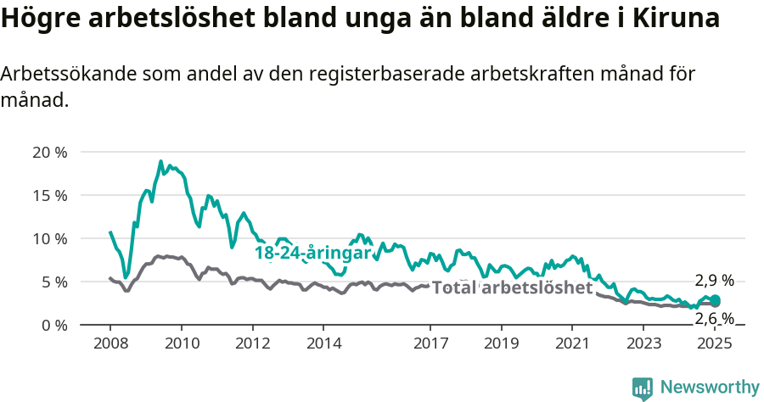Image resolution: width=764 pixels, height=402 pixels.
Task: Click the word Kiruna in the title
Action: click(x=676, y=19)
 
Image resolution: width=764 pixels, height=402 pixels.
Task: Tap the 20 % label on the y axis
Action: click(x=48, y=153)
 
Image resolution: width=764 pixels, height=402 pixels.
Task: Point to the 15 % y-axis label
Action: click(x=48, y=196)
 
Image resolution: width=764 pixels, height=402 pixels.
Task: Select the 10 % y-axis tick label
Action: click(x=48, y=239)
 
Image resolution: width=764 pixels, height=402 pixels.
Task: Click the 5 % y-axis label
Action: click(x=52, y=282)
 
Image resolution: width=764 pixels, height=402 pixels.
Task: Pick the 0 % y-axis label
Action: click(x=52, y=326)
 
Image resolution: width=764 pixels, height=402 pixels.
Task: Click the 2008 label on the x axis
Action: click(x=110, y=343)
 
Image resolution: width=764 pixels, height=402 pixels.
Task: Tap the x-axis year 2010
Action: click(x=182, y=343)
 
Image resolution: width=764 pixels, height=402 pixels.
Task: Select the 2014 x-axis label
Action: click(x=323, y=343)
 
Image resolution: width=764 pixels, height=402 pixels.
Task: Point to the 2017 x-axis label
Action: click(x=430, y=343)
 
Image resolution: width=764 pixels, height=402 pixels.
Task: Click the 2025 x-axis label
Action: click(x=715, y=343)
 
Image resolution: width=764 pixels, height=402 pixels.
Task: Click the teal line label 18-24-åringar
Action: click(x=312, y=253)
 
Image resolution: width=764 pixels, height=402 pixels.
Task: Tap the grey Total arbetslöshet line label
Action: click(x=512, y=288)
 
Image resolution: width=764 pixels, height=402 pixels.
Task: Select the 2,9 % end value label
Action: click(x=714, y=282)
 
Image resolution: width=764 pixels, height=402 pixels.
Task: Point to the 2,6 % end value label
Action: click(x=714, y=318)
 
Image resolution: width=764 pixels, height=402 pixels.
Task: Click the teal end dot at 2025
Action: click(x=715, y=300)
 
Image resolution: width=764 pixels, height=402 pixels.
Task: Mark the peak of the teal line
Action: click(x=160, y=161)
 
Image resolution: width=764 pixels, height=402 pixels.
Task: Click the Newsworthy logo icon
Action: click(x=643, y=388)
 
